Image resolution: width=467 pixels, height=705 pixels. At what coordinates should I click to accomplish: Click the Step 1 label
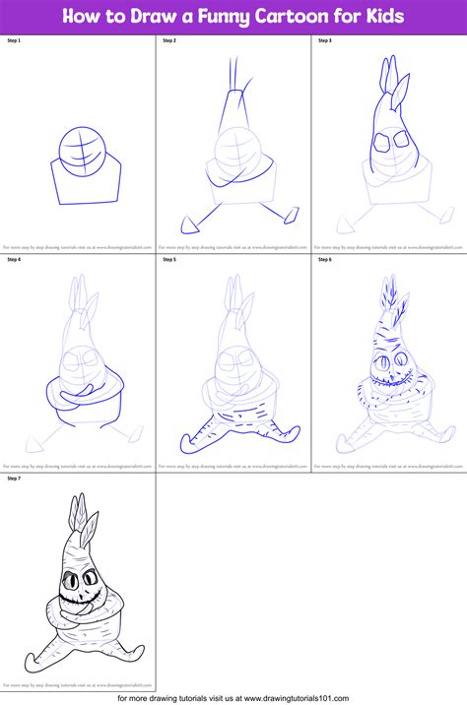point(14,41)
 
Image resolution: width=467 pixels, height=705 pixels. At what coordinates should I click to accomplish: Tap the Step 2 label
point(169,41)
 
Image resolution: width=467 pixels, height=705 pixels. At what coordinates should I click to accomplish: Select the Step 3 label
point(325,41)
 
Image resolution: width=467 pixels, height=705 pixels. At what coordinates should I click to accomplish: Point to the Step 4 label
point(14,260)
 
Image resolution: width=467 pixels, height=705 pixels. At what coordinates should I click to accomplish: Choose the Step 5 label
point(169,260)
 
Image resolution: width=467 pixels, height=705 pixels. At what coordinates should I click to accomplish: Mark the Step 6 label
point(325,260)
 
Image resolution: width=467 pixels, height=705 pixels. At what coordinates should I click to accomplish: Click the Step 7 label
point(14,479)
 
